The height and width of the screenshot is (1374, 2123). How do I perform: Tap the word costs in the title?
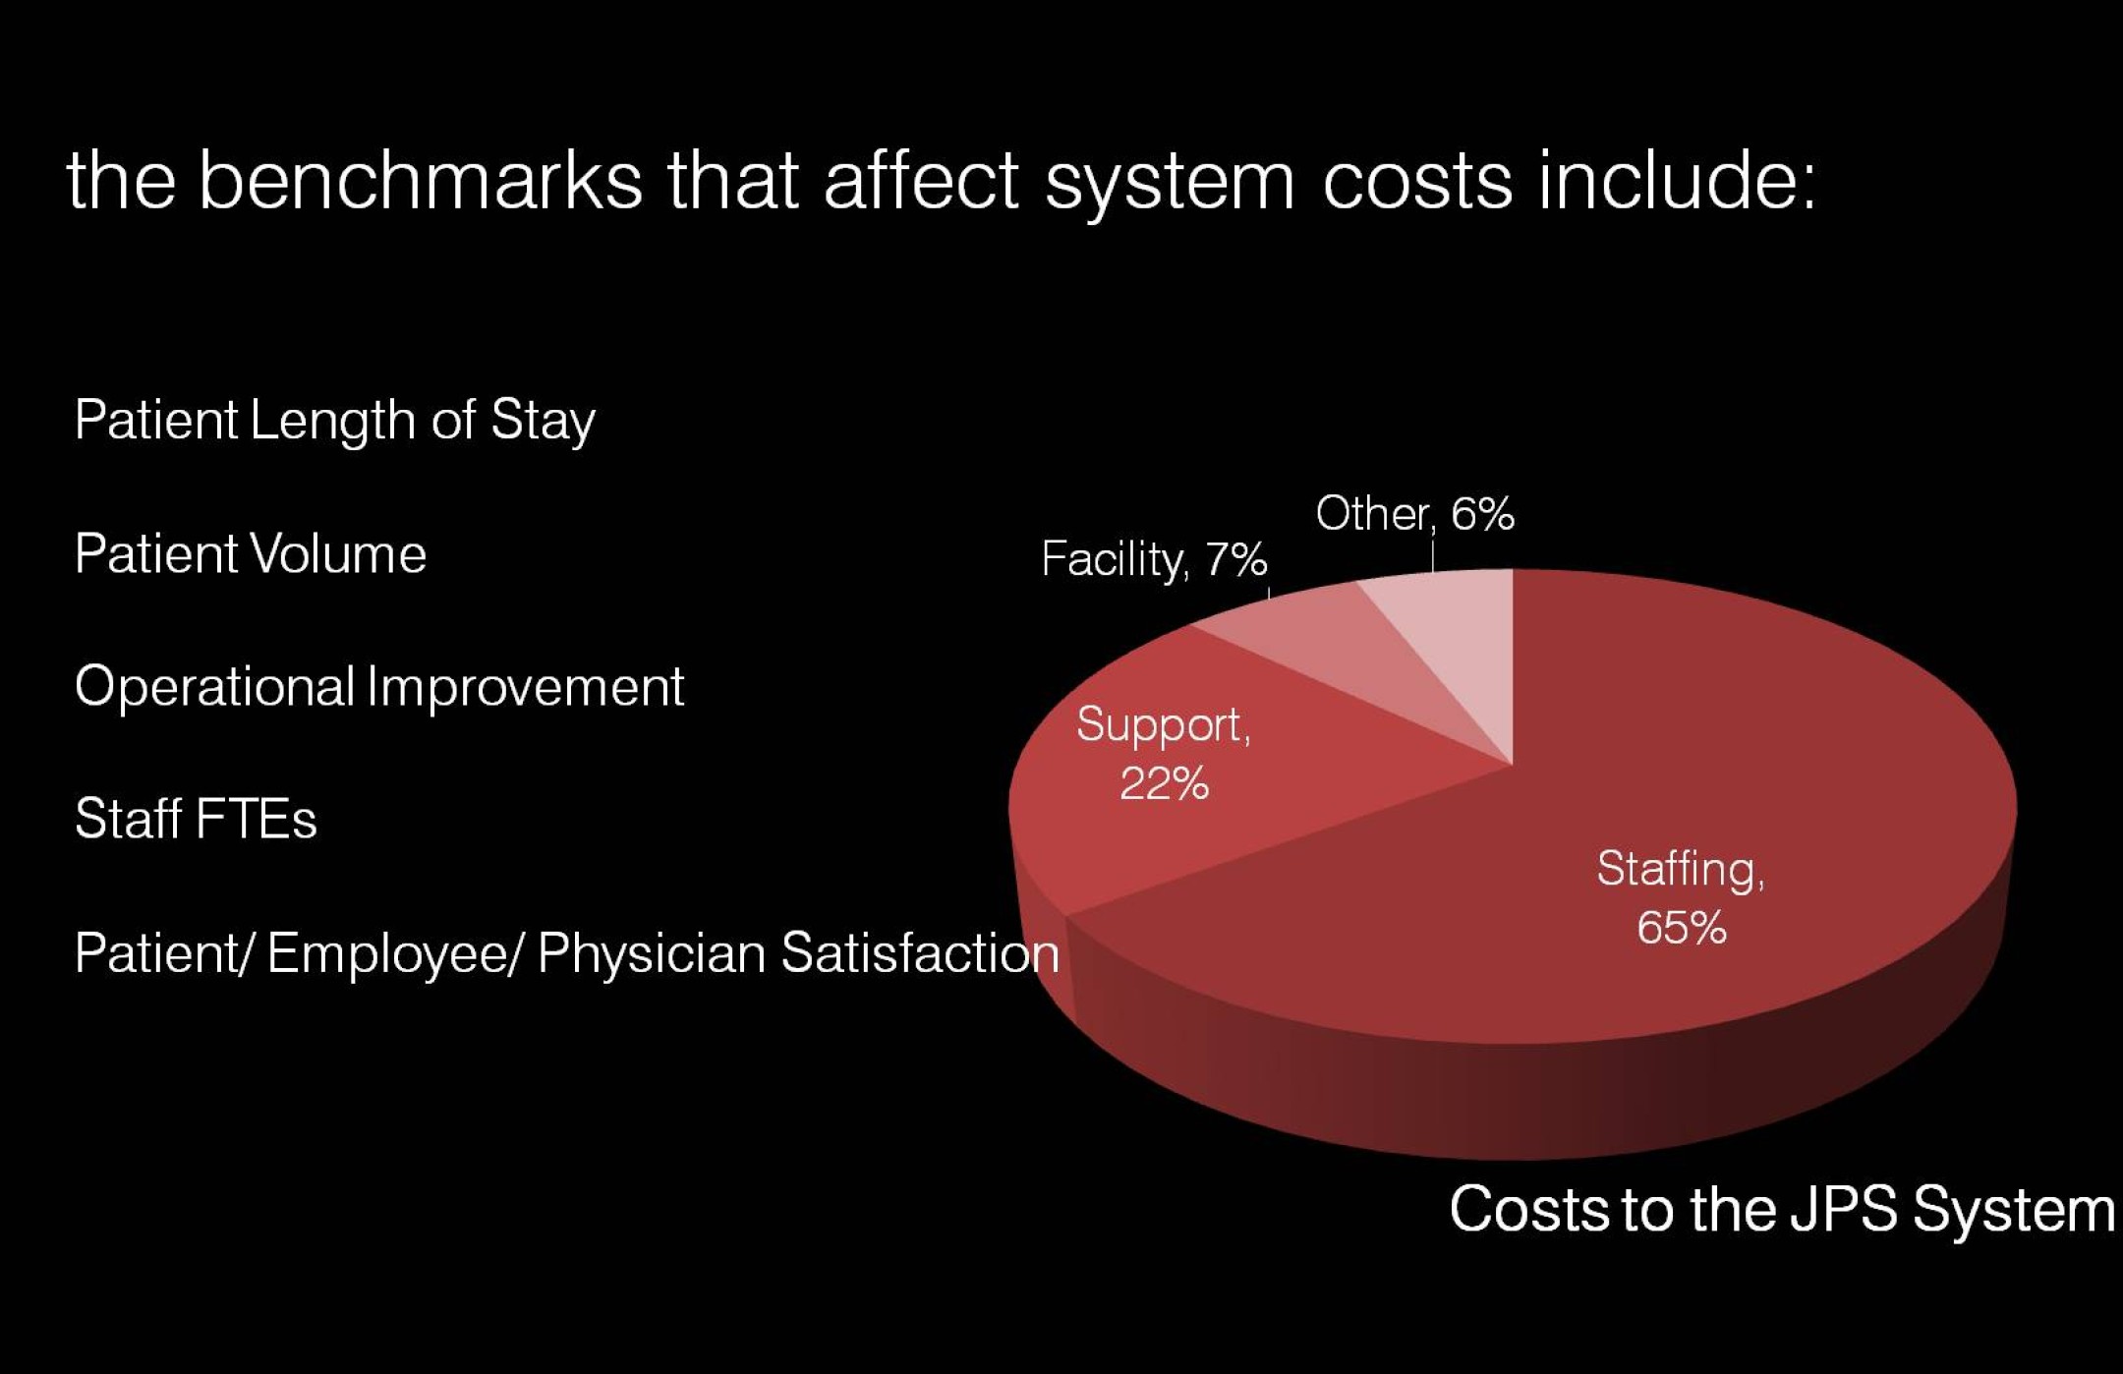click(1417, 183)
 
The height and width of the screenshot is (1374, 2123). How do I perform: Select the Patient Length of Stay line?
click(334, 422)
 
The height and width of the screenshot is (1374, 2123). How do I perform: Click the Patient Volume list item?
click(251, 553)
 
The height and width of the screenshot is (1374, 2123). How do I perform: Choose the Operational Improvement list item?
click(379, 686)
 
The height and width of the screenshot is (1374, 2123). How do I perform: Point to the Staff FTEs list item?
click(196, 819)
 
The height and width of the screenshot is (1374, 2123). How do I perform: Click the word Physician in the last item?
click(651, 953)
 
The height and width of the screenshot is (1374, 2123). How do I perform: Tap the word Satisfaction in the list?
click(920, 952)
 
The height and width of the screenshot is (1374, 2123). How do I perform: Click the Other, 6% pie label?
click(1414, 514)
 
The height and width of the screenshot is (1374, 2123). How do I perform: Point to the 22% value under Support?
click(1164, 784)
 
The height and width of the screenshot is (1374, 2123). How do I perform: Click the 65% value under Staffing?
click(1682, 928)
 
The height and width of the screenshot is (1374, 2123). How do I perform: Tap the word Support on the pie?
click(1164, 726)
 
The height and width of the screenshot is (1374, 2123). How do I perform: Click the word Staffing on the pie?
click(1681, 870)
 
